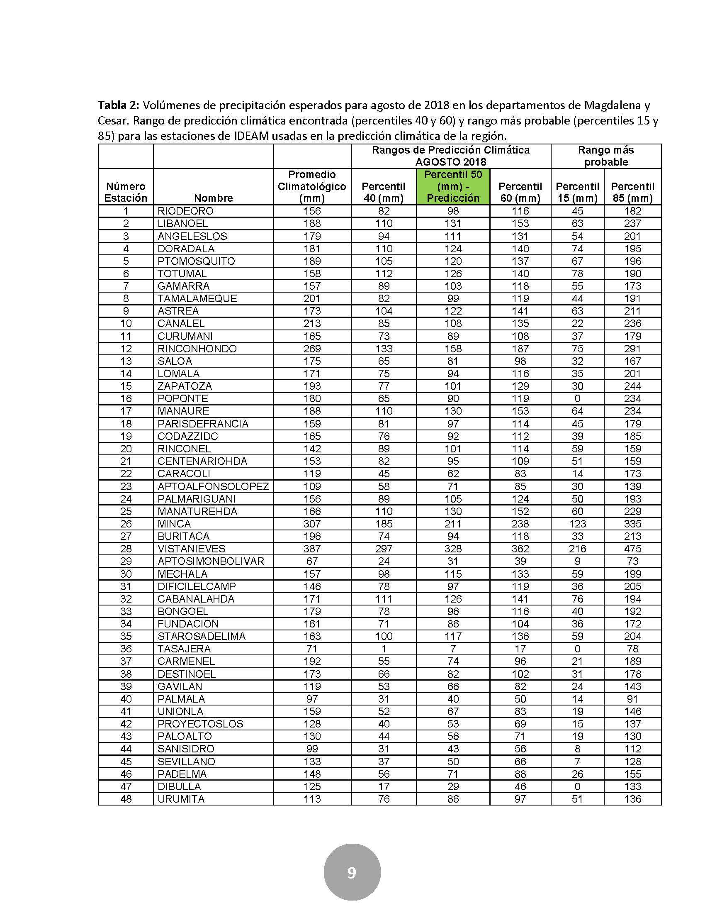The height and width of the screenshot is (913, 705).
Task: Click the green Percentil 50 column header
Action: click(453, 186)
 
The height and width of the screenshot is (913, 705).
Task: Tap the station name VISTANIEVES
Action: click(191, 549)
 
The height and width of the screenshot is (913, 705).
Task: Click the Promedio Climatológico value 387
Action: click(311, 549)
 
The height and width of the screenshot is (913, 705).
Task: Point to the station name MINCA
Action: click(174, 523)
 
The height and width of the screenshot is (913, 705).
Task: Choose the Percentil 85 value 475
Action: click(632, 549)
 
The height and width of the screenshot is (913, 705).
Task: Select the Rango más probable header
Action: click(605, 156)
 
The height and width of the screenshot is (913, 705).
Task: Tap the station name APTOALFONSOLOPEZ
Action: click(213, 486)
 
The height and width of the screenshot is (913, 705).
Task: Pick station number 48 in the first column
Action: click(126, 799)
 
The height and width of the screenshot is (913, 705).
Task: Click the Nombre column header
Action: click(213, 198)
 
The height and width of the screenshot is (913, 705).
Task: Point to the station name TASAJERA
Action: click(184, 649)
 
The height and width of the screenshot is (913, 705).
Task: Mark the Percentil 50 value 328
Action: click(453, 549)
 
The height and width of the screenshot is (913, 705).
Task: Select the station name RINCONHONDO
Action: click(197, 349)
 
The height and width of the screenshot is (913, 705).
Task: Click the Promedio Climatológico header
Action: click(311, 186)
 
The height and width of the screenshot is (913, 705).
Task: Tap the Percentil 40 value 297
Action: click(384, 549)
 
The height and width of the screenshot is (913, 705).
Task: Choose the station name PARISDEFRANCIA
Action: click(203, 423)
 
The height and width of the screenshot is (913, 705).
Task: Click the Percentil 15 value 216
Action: click(577, 549)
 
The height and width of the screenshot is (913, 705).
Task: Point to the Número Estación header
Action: click(126, 192)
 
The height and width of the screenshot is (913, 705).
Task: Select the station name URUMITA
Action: click(181, 799)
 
